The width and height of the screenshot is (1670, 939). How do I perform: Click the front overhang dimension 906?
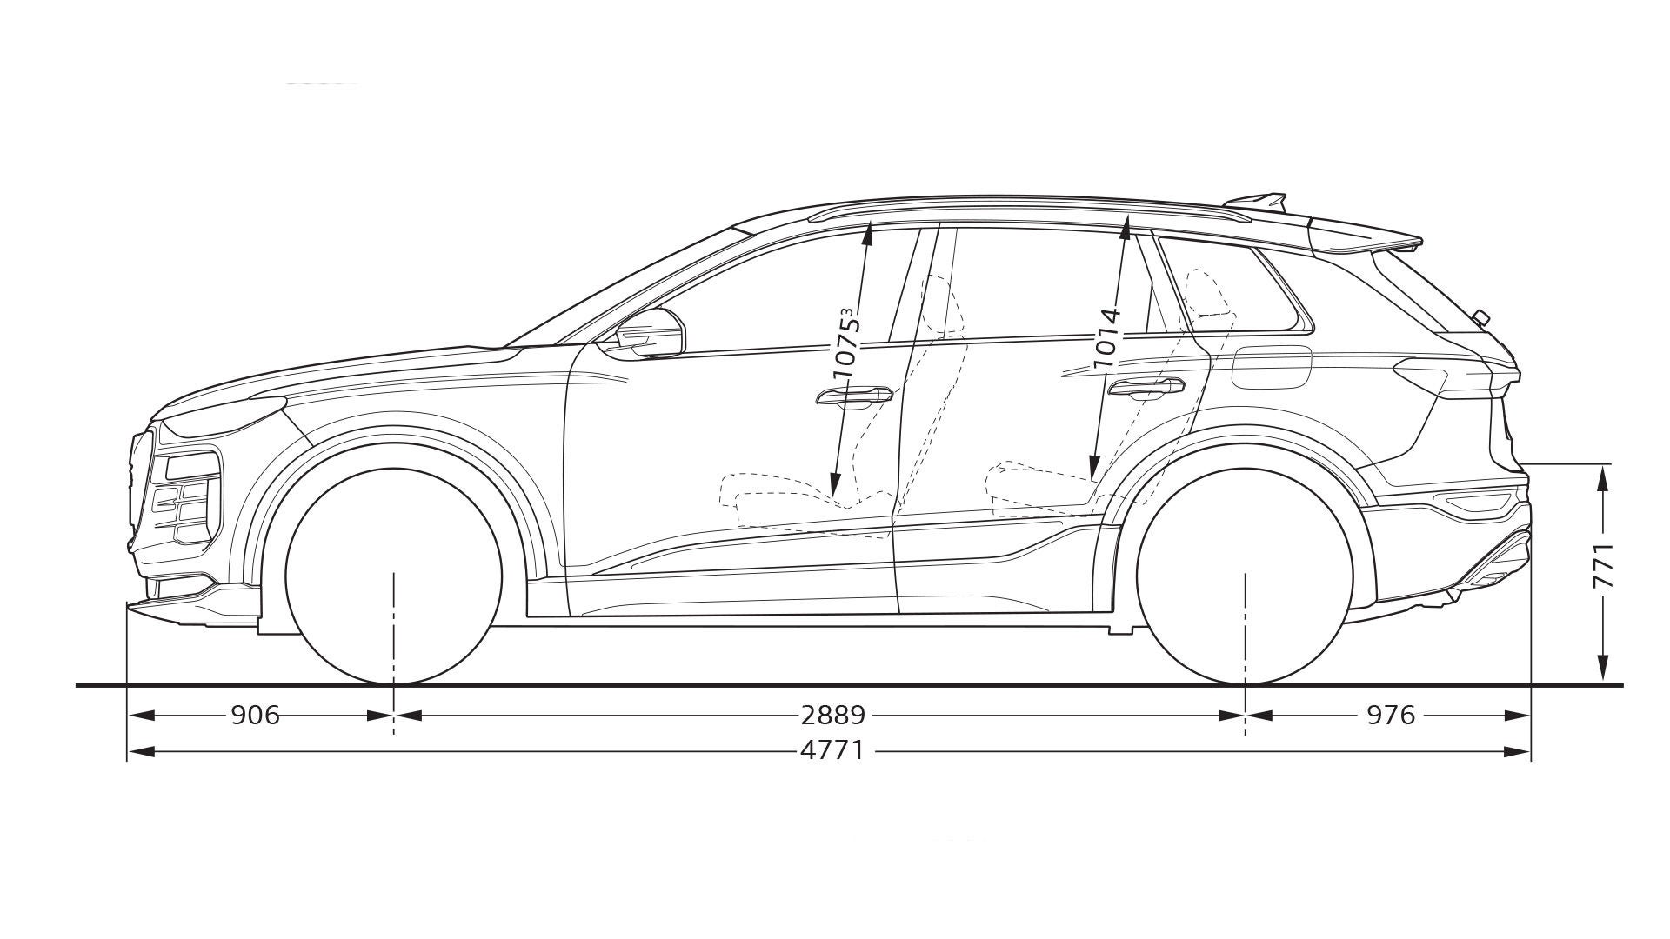[x=256, y=715]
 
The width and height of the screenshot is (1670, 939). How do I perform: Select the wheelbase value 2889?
[x=832, y=715]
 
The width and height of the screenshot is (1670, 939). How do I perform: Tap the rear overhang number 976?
[x=1391, y=715]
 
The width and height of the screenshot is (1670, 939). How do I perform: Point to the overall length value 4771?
[x=832, y=749]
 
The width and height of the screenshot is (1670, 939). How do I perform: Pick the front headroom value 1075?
[x=847, y=343]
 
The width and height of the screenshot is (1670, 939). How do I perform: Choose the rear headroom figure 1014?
[x=1106, y=336]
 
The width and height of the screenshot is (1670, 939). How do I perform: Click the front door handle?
[x=853, y=397]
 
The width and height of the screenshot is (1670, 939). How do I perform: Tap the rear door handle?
[x=1146, y=388]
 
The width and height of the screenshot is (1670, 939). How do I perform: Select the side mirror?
[x=651, y=331]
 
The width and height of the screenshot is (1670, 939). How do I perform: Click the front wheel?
[x=394, y=576]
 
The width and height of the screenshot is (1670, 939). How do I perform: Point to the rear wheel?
[x=1246, y=576]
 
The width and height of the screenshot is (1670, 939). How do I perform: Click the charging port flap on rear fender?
[x=1272, y=367]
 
